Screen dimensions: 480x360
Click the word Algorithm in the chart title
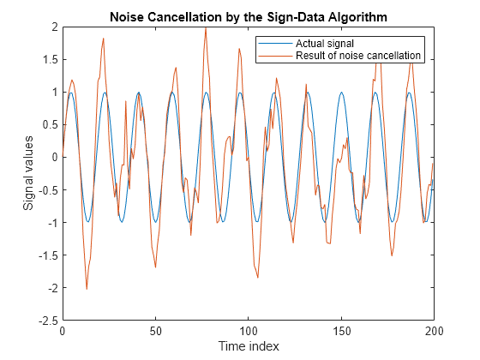tap(357, 18)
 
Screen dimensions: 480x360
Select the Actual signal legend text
tap(325, 44)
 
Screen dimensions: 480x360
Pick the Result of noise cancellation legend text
tap(358, 56)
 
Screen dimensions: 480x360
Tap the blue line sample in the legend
tap(275, 44)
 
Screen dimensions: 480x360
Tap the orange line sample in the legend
tap(275, 56)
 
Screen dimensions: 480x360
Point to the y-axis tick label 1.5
tap(49, 59)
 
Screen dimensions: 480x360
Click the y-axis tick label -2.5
tap(47, 321)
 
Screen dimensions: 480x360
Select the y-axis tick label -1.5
tap(47, 255)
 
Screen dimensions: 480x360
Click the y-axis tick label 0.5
tap(49, 124)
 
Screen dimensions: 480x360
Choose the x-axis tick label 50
tap(155, 331)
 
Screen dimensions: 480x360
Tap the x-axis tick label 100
tap(249, 331)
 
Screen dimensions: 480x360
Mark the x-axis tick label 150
tap(341, 331)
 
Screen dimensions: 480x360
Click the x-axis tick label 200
tap(434, 331)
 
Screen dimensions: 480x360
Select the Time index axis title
tap(249, 346)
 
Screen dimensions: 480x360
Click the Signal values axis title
tap(28, 173)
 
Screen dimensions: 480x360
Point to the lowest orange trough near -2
tap(87, 289)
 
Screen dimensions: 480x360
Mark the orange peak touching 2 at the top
tap(206, 27)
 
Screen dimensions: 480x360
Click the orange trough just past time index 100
tap(258, 278)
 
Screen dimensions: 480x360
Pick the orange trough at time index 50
tap(155, 267)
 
